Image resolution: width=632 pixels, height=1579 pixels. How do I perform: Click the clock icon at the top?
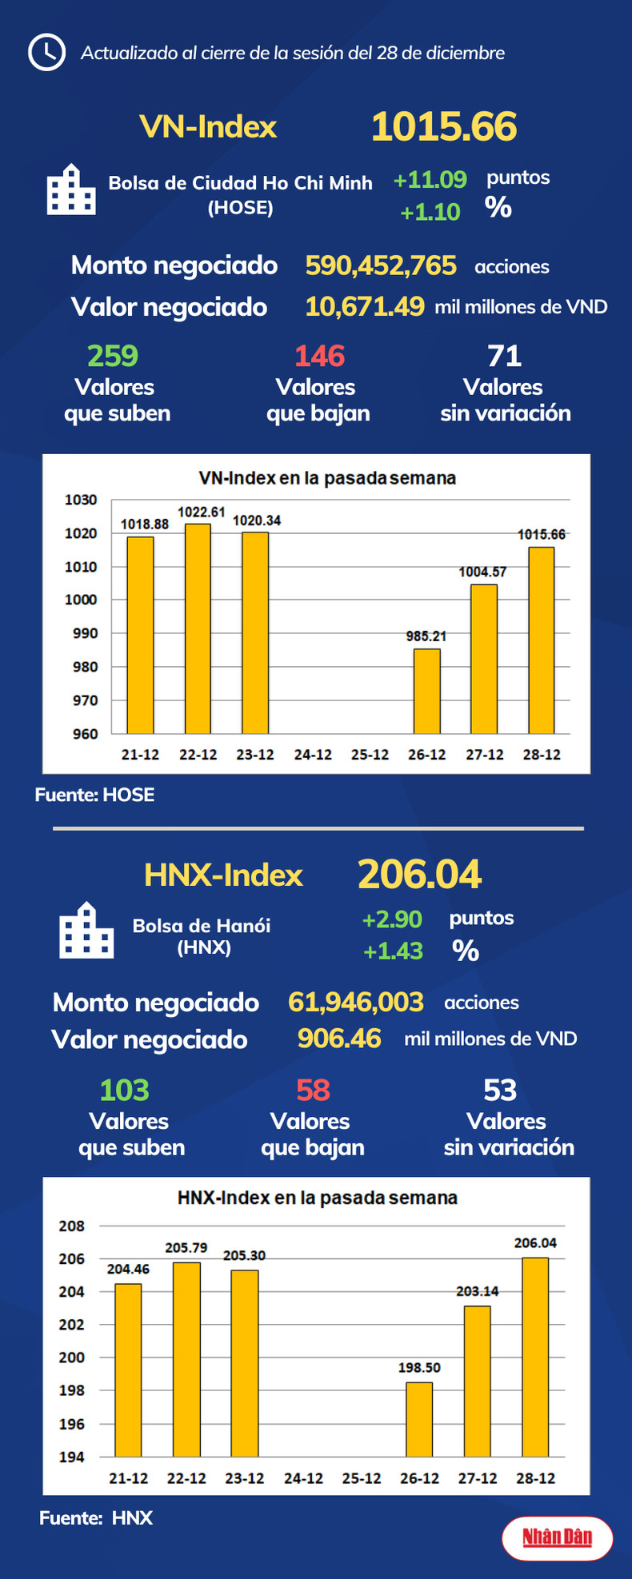(46, 53)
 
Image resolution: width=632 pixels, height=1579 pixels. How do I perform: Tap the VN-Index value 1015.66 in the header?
(444, 127)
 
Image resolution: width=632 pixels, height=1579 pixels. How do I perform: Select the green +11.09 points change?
(430, 179)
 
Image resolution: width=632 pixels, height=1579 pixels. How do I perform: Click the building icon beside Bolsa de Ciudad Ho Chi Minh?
(71, 190)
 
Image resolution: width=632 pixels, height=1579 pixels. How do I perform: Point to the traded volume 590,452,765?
(381, 265)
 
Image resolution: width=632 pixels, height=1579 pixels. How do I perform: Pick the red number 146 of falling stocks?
(319, 356)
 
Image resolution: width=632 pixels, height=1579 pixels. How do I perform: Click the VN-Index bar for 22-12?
(198, 628)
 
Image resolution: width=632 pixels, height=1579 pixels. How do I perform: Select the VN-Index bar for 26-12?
(426, 691)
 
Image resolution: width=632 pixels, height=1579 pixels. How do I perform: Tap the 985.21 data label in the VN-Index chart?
(426, 636)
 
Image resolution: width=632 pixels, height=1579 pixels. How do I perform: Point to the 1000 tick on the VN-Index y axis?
(81, 600)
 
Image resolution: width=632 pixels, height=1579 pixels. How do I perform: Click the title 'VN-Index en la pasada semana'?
(327, 478)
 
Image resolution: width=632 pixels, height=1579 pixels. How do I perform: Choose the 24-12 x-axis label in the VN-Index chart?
(312, 755)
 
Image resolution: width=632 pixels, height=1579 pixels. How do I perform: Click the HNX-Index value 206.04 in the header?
(419, 875)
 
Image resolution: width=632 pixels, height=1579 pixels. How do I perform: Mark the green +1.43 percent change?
(393, 951)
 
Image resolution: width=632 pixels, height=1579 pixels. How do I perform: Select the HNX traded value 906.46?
(339, 1039)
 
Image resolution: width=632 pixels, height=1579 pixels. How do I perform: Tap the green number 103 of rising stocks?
(124, 1091)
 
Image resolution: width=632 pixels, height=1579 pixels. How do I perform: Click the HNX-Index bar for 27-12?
(478, 1382)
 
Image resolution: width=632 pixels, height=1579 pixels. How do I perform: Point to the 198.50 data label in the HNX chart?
(419, 1368)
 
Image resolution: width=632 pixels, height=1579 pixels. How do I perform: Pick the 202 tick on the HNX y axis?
(72, 1325)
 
